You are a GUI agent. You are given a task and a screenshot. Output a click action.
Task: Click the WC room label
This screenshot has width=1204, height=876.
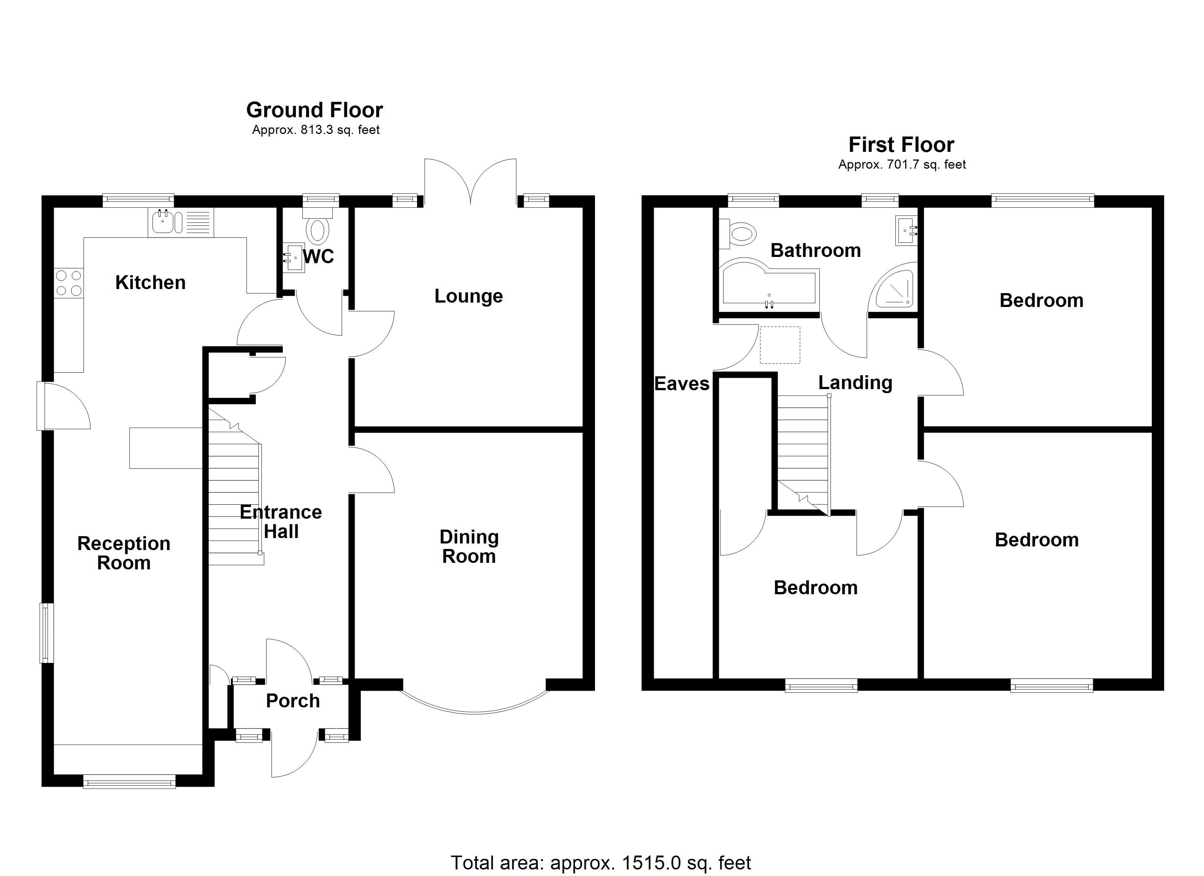pyautogui.click(x=319, y=257)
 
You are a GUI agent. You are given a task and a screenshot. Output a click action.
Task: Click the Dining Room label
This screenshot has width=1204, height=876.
pyautogui.click(x=469, y=547)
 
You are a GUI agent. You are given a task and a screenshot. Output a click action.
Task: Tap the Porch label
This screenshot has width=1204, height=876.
pyautogui.click(x=293, y=701)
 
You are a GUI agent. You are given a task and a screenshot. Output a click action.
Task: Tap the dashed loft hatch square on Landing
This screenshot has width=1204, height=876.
pyautogui.click(x=780, y=345)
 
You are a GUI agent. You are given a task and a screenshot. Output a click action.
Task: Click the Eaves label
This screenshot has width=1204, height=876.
pyautogui.click(x=682, y=384)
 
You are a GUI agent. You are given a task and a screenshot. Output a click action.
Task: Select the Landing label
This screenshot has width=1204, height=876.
pyautogui.click(x=855, y=383)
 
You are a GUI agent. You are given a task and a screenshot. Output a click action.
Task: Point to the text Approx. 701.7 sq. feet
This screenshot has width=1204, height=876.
pyautogui.click(x=902, y=165)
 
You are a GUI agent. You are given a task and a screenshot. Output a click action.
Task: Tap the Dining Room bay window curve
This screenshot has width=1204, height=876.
pyautogui.click(x=474, y=711)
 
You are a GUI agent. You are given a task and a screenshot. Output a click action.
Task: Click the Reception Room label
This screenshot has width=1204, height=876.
pyautogui.click(x=124, y=553)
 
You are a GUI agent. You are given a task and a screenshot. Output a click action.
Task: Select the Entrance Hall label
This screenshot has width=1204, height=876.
pyautogui.click(x=281, y=522)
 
